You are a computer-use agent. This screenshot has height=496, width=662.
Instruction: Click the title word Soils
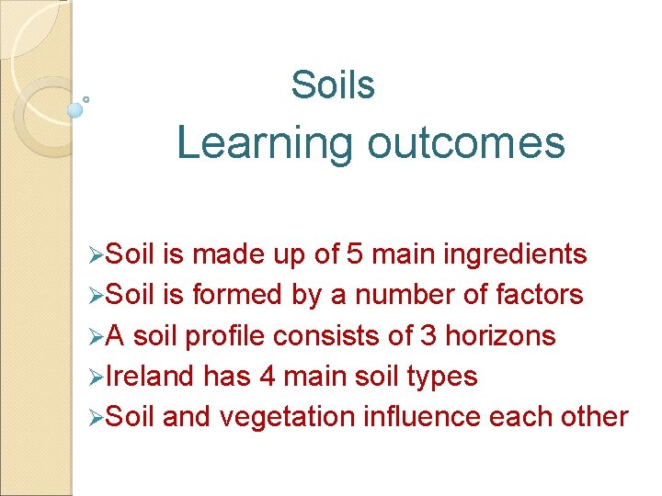pos(333,85)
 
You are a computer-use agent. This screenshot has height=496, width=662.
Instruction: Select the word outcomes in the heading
pos(465,143)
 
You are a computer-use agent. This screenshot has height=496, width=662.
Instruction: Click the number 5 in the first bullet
pos(382,254)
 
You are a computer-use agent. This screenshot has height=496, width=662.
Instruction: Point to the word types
pos(445,377)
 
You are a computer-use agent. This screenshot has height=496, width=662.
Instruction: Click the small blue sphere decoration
pos(75,110)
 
